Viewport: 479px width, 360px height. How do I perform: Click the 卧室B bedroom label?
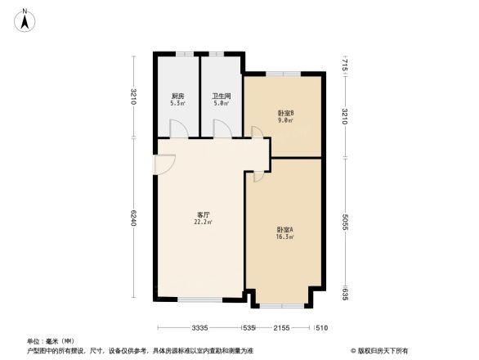(x=285, y=115)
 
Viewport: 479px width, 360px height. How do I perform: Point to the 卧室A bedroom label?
(x=285, y=232)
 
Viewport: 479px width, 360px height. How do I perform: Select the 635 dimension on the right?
(x=347, y=295)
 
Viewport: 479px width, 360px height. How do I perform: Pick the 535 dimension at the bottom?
(x=249, y=328)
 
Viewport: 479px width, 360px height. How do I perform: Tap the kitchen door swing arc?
(x=177, y=128)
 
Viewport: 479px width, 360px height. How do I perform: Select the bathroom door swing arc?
(x=222, y=128)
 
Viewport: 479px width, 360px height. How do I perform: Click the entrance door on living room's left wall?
(x=159, y=164)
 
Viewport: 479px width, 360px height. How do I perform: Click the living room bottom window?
(x=201, y=298)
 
